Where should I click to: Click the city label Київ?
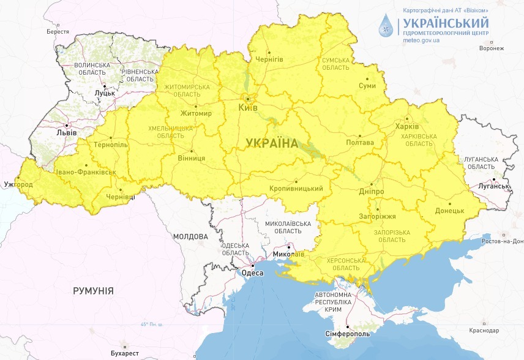[x=248, y=108]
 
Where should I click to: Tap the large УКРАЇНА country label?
[x=272, y=143]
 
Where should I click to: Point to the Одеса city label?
[x=253, y=273]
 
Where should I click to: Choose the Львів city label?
[x=65, y=132]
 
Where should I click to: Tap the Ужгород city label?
[x=18, y=184]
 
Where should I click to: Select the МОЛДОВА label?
[x=190, y=236]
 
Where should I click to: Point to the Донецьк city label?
[x=449, y=211]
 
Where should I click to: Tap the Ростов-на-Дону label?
[x=500, y=241]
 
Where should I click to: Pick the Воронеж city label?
[x=492, y=48]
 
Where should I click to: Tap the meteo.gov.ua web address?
[x=422, y=40]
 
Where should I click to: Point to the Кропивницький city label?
[x=296, y=189]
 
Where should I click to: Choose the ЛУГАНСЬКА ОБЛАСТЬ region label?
[x=479, y=162]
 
